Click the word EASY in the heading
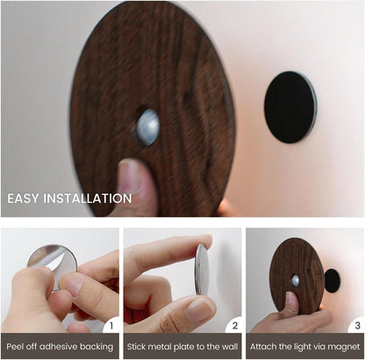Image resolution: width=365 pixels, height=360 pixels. click(26, 198)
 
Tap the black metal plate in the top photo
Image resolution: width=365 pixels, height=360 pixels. click(290, 107)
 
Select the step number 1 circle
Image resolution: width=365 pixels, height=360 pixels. click(110, 326)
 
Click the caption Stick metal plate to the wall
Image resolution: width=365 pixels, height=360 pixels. click(182, 347)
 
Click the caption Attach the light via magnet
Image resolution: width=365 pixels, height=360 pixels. click(304, 347)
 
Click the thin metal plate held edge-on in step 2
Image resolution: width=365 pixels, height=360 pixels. click(202, 269)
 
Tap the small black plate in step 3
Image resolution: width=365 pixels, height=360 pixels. click(333, 280)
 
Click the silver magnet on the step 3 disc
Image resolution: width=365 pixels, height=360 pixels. click(296, 280)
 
